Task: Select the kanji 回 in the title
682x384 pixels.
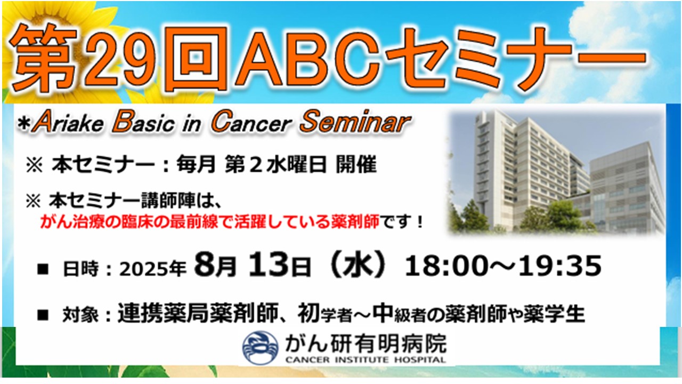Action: click(196, 59)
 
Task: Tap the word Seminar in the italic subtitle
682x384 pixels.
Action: click(355, 122)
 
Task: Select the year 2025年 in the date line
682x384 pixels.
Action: click(153, 269)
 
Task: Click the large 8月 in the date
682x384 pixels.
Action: click(216, 265)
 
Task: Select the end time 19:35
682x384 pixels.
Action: click(559, 266)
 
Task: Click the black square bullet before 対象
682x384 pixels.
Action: click(43, 315)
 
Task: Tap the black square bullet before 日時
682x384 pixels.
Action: click(43, 269)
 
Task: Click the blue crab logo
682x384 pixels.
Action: click(260, 348)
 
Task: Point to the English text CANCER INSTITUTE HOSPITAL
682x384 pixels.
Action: click(366, 360)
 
